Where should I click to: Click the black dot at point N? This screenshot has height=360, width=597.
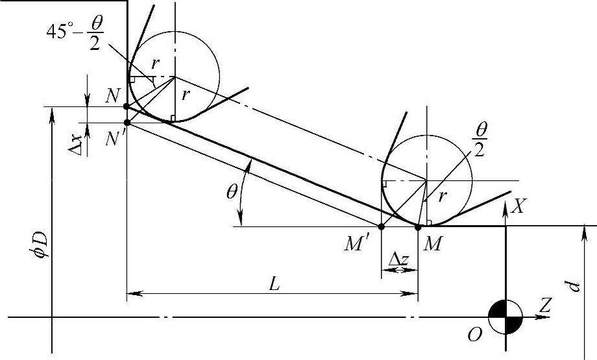click(x=127, y=106)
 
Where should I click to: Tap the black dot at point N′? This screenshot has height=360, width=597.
click(x=127, y=123)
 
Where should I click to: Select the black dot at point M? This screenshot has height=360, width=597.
click(x=418, y=227)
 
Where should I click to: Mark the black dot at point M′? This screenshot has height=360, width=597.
click(x=382, y=227)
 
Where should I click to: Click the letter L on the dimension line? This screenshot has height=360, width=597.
click(x=274, y=284)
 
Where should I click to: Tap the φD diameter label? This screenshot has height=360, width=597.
click(x=42, y=245)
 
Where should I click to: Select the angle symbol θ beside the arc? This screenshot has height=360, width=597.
click(x=232, y=192)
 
